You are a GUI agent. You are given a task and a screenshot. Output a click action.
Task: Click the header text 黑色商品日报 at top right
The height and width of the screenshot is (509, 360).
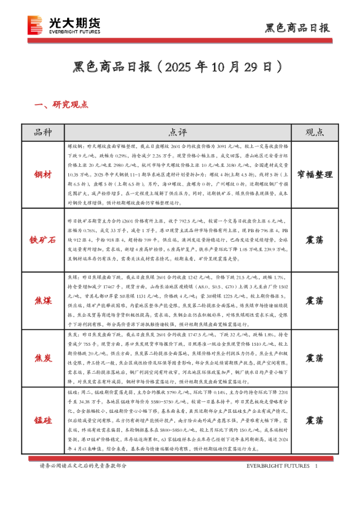[x=298, y=28]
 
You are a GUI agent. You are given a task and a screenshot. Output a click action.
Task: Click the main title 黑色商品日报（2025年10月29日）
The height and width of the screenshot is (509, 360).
[x=180, y=65]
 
